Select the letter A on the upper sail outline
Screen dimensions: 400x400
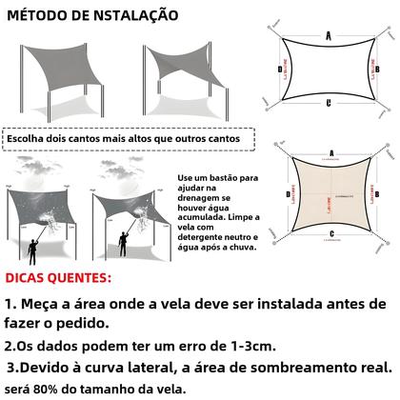pos(329,34)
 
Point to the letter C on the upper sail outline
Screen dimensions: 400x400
pos(329,103)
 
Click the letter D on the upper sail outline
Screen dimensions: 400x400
pos(280,69)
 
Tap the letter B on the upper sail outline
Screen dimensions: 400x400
pos(378,69)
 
